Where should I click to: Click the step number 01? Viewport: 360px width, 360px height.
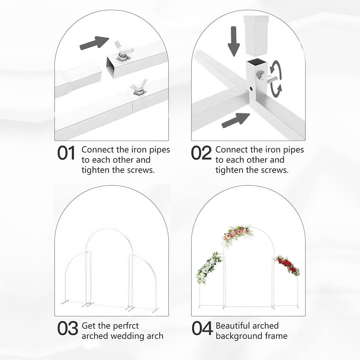pos(66,153)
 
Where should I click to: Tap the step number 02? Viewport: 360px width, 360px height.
pos(201,153)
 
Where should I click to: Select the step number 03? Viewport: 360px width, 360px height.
pos(67,328)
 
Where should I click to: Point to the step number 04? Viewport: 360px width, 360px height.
pos(202,328)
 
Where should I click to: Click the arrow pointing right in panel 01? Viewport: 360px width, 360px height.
pos(94,43)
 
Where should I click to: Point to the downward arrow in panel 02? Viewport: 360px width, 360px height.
pos(233,41)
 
